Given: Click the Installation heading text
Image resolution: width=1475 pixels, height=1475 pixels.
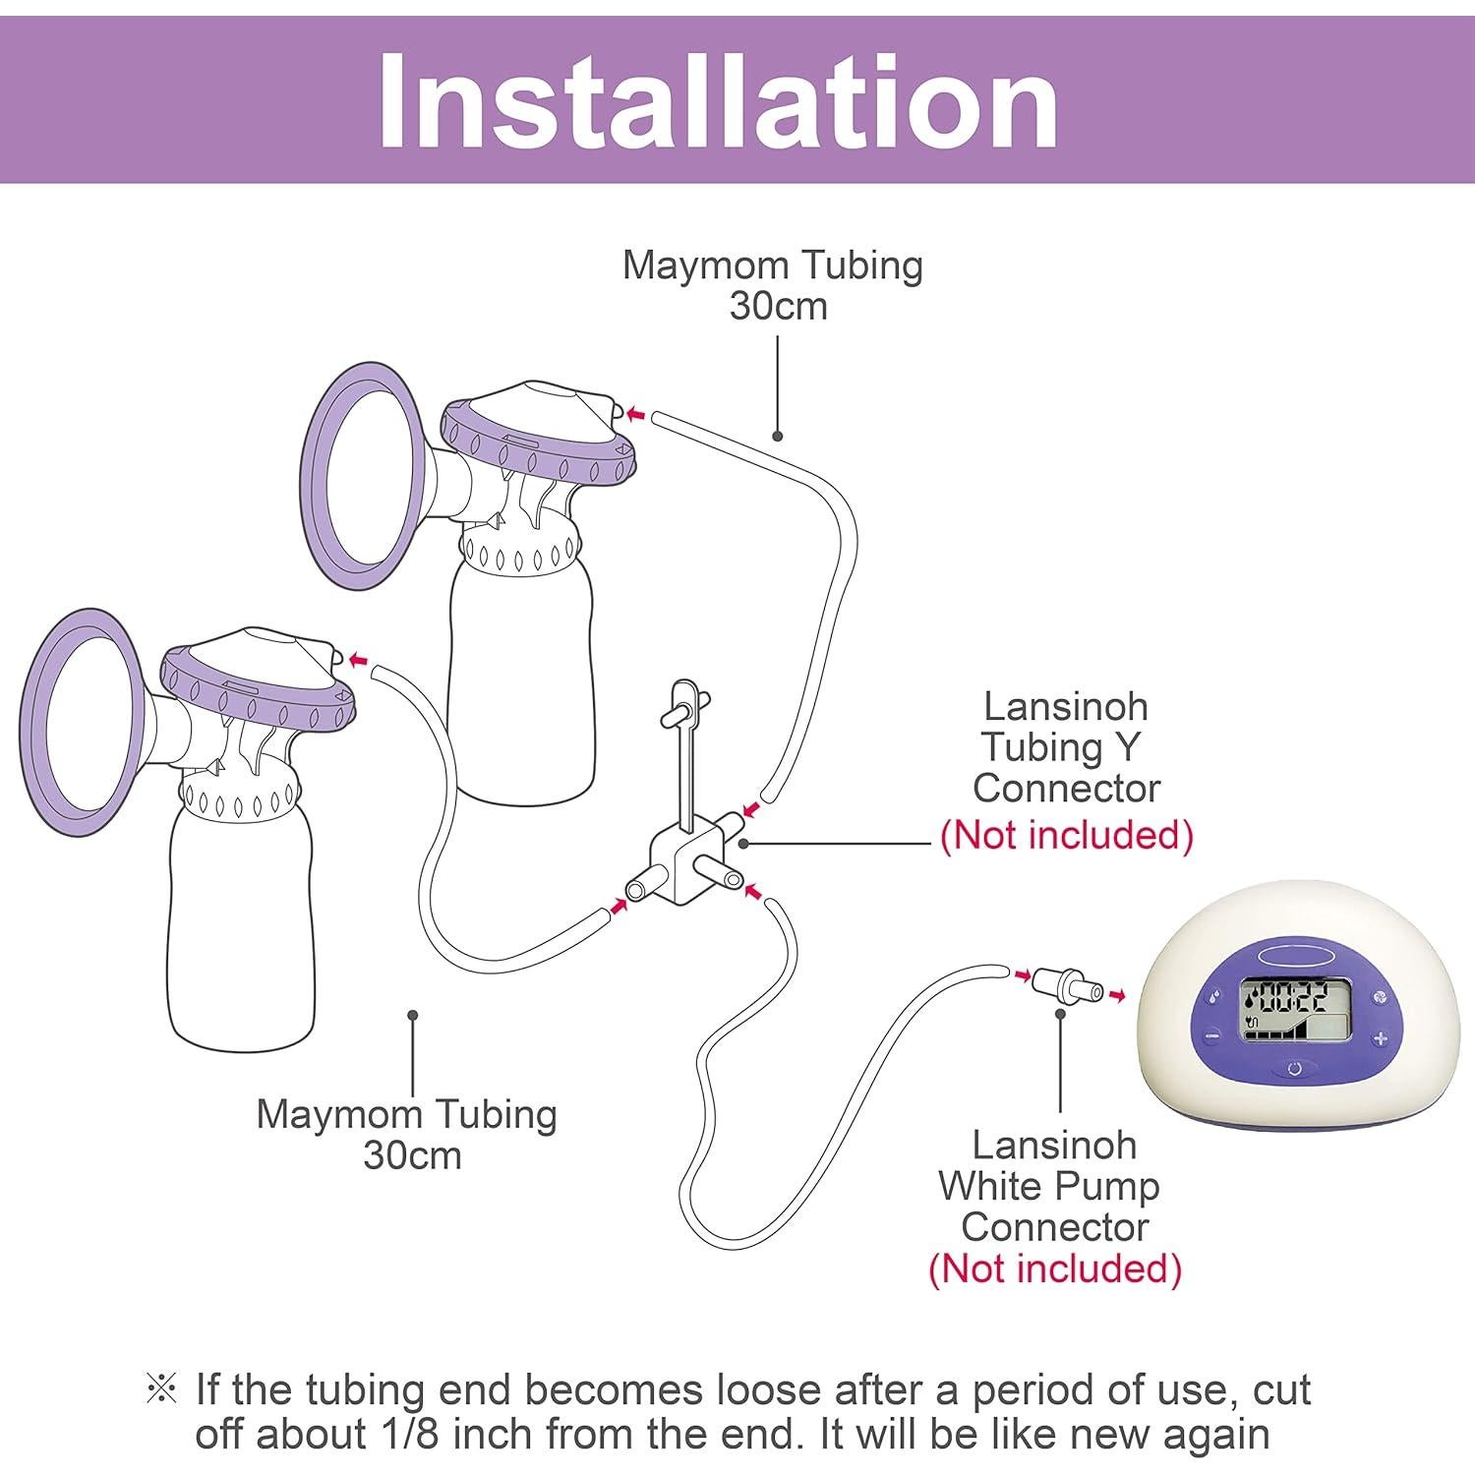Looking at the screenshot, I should coord(718,98).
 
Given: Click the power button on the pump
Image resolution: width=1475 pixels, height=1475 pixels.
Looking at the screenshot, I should coord(1294,1068).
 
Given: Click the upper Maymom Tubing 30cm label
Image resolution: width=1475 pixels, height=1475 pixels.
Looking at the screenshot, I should coord(774,285).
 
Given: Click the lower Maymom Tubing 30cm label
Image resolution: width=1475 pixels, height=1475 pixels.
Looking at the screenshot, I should coord(407,1134).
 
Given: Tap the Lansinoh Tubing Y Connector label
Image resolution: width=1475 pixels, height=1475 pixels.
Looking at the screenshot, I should coord(1066,747).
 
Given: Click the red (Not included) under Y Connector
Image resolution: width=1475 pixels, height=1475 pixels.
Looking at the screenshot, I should coord(1067,836).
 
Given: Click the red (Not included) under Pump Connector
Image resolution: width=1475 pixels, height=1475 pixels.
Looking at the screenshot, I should coord(1054,1269).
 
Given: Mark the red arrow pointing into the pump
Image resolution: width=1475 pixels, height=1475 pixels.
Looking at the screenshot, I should coord(1115,996).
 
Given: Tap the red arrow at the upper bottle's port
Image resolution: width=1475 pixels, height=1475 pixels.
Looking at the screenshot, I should coord(637,415).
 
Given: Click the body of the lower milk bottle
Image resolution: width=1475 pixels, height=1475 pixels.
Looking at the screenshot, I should coord(241,934).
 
